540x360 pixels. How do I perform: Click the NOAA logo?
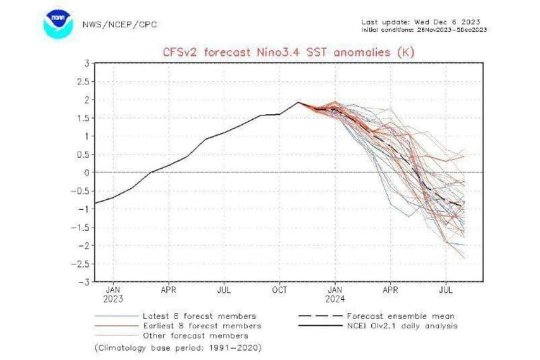tap(58, 23)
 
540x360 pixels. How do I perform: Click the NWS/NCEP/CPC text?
tap(119, 25)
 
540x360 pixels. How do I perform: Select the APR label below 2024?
tap(390, 289)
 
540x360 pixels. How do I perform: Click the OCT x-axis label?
tap(280, 289)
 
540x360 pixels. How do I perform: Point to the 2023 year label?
tap(114, 299)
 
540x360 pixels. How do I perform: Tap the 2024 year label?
tap(335, 299)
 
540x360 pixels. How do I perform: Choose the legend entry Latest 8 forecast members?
tap(199, 316)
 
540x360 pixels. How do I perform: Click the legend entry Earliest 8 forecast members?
tap(201, 326)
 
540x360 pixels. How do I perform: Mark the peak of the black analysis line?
tap(299, 102)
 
